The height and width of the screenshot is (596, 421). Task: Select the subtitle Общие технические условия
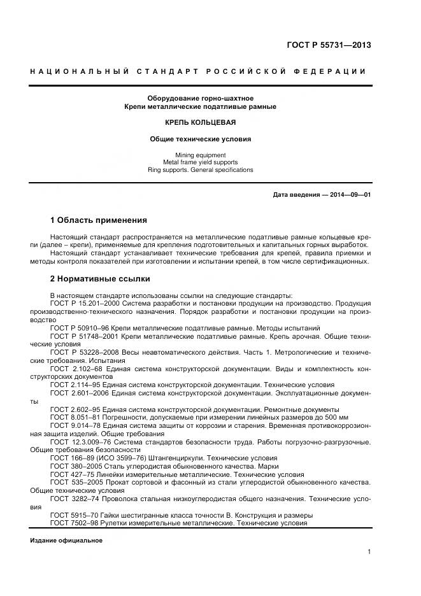coord(201,138)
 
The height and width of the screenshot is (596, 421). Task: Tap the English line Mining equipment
coord(201,155)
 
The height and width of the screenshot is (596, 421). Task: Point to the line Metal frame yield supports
coord(201,162)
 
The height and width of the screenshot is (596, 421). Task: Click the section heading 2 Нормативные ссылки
coord(99,279)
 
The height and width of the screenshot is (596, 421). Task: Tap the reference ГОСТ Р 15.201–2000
coord(82,303)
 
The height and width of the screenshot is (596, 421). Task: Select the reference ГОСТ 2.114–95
coord(73,385)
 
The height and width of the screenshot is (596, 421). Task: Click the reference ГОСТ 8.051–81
coord(73,416)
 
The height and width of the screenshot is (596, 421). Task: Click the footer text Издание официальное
coord(66,540)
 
